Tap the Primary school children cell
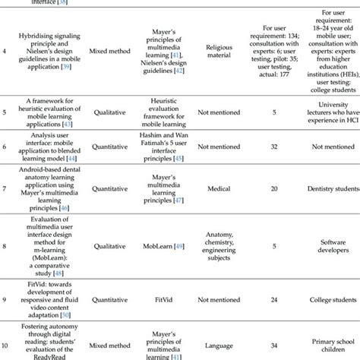coord(324,342)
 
